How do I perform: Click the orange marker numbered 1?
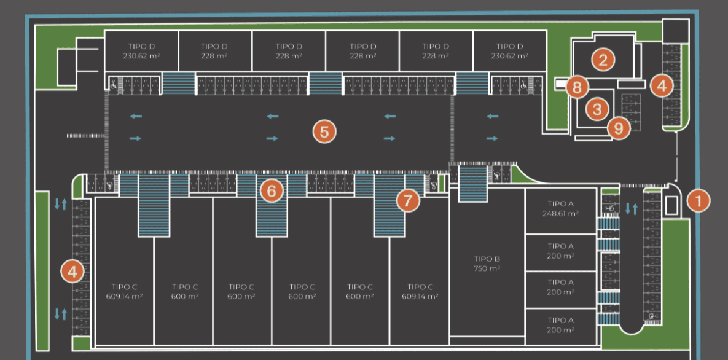pyautogui.click(x=699, y=200)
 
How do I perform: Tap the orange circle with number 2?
pyautogui.click(x=603, y=60)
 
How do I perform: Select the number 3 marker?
pyautogui.click(x=597, y=109)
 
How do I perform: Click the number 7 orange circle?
pyautogui.click(x=407, y=199)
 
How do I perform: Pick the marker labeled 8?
pyautogui.click(x=576, y=87)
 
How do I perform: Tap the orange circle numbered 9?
pyautogui.click(x=619, y=128)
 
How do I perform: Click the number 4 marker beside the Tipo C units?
pyautogui.click(x=73, y=271)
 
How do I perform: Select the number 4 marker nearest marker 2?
pyautogui.click(x=661, y=85)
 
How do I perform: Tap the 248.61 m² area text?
pyautogui.click(x=561, y=213)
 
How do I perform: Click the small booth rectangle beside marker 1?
pyautogui.click(x=672, y=206)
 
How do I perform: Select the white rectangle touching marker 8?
pyautogui.click(x=561, y=84)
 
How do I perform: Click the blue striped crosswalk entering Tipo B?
pyautogui.click(x=473, y=182)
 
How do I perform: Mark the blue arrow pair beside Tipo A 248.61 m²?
pyautogui.click(x=632, y=208)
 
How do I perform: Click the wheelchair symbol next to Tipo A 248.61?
pyautogui.click(x=610, y=208)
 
